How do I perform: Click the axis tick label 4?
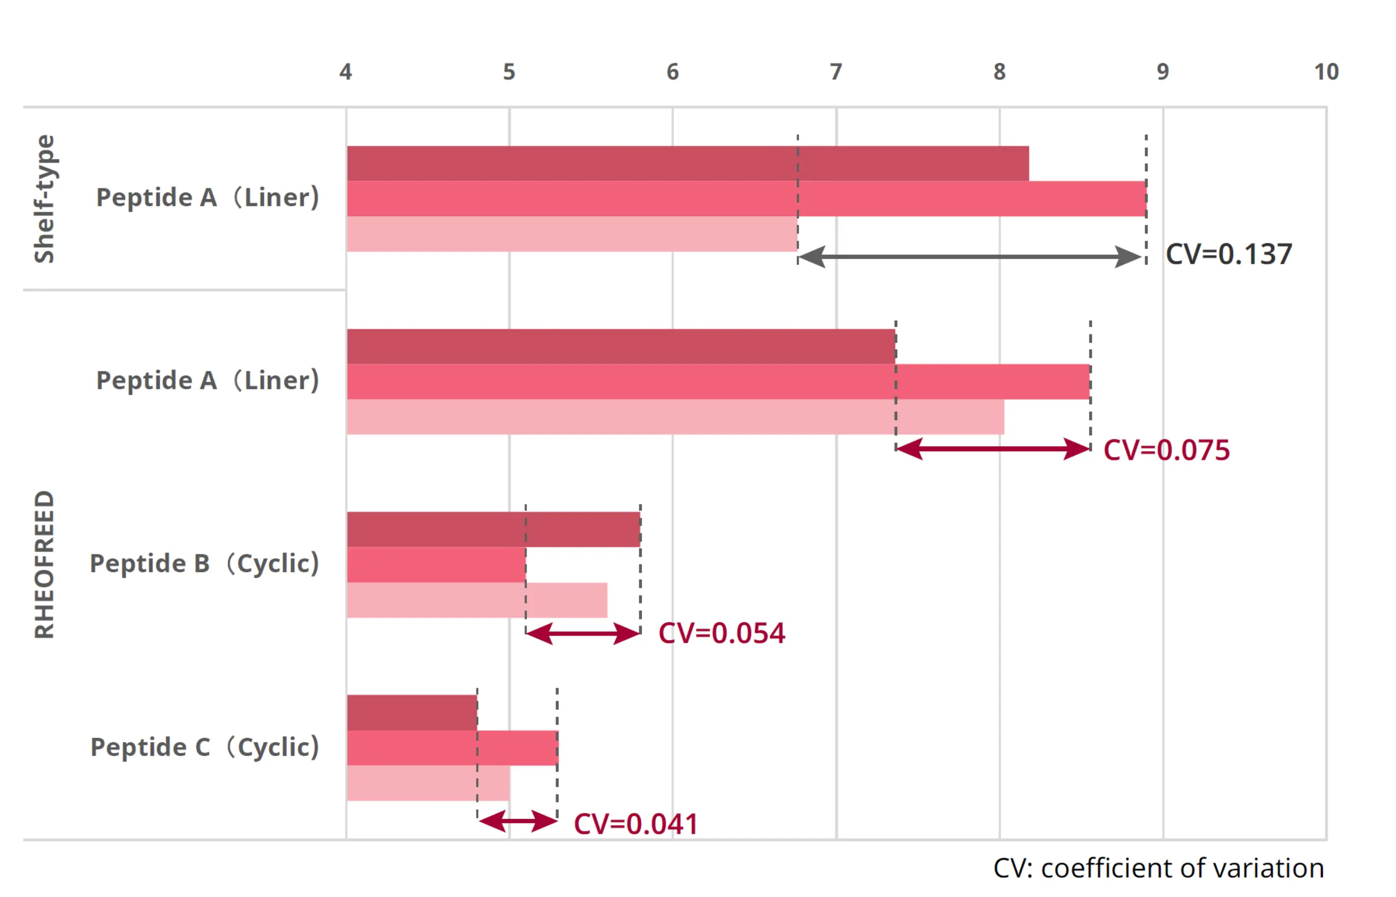tap(346, 72)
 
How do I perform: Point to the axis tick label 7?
tap(836, 72)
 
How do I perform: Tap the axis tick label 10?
tap(1326, 72)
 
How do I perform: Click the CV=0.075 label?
tap(1167, 450)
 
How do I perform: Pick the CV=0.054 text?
tap(721, 633)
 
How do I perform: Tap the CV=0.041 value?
tap(636, 824)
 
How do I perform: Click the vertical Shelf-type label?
tap(44, 199)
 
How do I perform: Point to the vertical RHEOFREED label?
tap(44, 565)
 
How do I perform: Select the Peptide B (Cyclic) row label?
tap(204, 564)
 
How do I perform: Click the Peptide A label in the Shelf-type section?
tap(207, 197)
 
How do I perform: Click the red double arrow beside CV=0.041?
tap(518, 821)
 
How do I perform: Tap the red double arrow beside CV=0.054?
tap(583, 633)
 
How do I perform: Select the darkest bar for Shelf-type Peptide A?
tap(688, 163)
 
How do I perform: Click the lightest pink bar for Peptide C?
tap(428, 783)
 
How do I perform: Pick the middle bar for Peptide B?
tap(436, 565)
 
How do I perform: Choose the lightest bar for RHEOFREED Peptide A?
tap(675, 417)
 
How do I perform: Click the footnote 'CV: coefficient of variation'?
tap(1158, 869)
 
